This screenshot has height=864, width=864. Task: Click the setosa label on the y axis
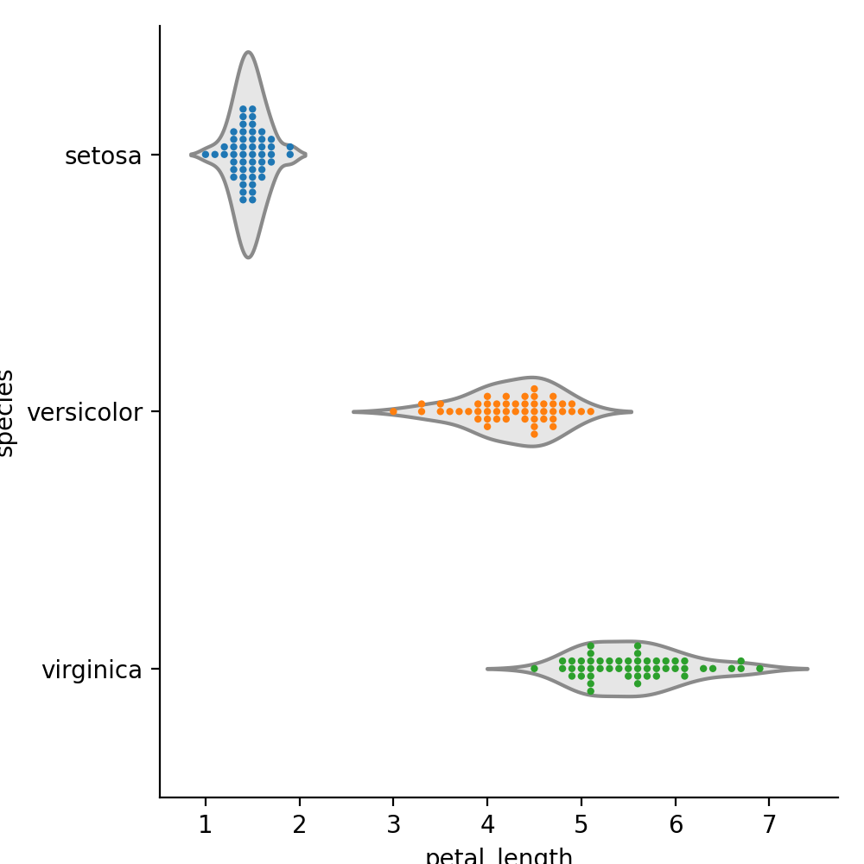[103, 156]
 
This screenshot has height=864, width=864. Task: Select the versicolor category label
[84, 412]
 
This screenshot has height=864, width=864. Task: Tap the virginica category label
[92, 670]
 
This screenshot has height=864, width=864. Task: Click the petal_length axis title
[499, 855]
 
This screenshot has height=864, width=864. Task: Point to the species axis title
[7, 412]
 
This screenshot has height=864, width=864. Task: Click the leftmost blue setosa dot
[205, 155]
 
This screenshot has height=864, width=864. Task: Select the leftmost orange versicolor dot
[393, 411]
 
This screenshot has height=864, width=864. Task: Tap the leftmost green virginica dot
[534, 668]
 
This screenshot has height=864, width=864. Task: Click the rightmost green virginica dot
[759, 668]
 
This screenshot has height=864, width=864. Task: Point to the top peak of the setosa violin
[248, 53]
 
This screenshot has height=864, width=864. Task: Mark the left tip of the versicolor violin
[353, 411]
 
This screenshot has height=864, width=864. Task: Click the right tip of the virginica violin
[807, 668]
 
